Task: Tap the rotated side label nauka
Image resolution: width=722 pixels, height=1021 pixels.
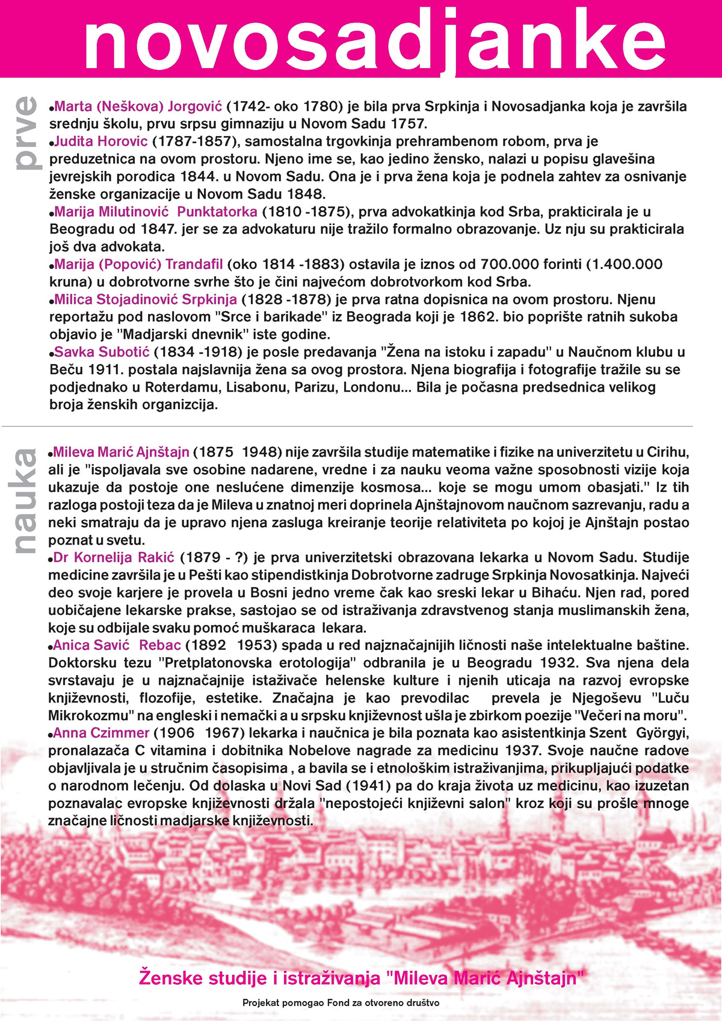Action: coord(25,501)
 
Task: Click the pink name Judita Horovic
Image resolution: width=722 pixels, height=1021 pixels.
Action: coord(100,142)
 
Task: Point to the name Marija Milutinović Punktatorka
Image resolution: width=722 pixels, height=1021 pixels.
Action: coord(156,212)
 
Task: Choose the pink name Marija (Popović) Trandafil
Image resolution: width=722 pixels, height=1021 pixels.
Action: coord(138,264)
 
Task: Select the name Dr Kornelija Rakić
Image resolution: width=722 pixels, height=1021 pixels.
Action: coord(114,558)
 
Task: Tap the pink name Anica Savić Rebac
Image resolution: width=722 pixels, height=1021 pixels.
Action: coord(117,646)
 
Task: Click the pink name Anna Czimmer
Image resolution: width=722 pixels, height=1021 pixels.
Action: coord(101,733)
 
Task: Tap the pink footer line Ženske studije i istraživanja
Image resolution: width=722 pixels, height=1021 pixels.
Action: coord(361,977)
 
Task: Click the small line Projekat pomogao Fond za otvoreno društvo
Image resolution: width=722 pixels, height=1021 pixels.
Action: coord(341,1003)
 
